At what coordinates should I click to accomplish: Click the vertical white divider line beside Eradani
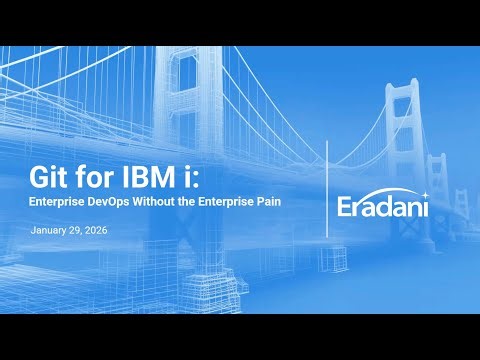point(328,195)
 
